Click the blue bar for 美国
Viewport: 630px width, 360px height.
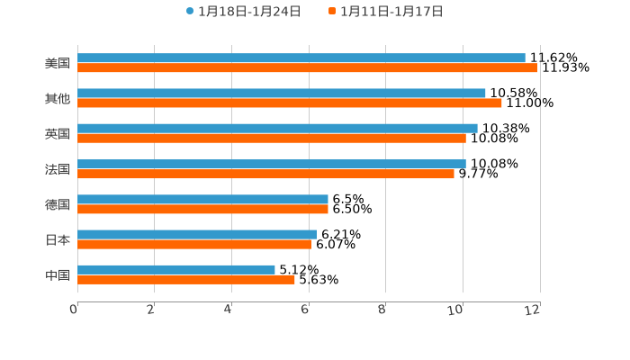point(301,58)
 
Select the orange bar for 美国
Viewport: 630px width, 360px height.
point(307,67)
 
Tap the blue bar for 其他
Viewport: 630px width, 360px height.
point(282,93)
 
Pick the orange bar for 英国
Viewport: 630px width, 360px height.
point(272,138)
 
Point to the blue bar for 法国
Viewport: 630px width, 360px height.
point(272,164)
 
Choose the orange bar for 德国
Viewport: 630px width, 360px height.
point(202,209)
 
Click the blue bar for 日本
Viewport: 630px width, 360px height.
point(197,234)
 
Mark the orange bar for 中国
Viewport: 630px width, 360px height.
point(186,279)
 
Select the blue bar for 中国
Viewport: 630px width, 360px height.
point(176,269)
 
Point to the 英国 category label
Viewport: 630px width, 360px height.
point(58,133)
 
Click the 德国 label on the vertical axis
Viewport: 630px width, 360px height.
point(58,204)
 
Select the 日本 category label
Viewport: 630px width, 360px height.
point(58,239)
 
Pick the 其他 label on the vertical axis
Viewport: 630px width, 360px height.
point(58,98)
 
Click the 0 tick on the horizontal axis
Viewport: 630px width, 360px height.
point(74,310)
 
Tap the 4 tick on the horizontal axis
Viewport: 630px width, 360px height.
point(229,310)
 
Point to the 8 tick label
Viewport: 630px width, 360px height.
point(382,310)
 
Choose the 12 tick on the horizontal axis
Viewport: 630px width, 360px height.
point(533,310)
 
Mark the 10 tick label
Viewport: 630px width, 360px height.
point(456,310)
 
